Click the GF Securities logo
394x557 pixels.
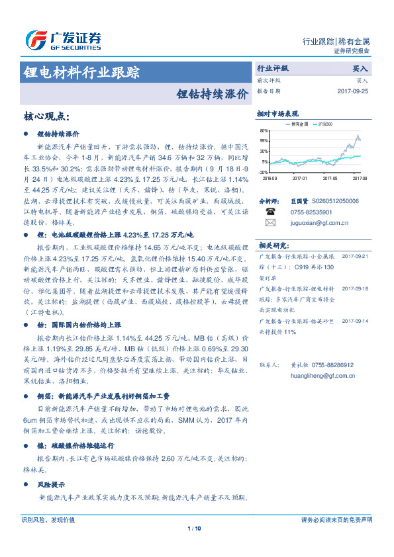click(62, 40)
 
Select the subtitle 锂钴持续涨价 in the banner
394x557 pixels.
click(213, 93)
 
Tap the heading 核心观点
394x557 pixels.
click(46, 116)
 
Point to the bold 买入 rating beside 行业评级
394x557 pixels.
click(360, 68)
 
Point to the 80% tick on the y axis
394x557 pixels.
click(264, 131)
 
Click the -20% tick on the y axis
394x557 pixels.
click(264, 171)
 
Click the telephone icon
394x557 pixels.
click(270, 212)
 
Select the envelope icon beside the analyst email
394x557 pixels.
click(270, 223)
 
